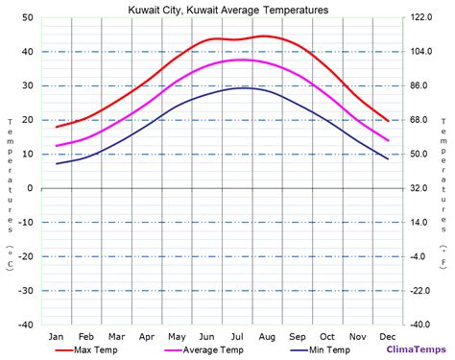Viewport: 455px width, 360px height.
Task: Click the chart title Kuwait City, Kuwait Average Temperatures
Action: point(227,9)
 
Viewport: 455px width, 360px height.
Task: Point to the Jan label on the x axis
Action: point(57,336)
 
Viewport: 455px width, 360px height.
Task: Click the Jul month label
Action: point(237,336)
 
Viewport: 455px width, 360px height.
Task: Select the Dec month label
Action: point(388,336)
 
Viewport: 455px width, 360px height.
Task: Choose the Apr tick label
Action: point(147,336)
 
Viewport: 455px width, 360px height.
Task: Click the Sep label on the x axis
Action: point(298,336)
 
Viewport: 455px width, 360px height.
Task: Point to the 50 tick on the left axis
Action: point(28,18)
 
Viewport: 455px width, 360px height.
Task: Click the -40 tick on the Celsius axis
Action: point(26,324)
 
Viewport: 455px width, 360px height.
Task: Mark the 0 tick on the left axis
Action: point(31,188)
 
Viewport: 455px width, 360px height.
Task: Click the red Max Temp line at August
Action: point(268,36)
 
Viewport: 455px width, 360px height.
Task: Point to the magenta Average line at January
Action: point(57,146)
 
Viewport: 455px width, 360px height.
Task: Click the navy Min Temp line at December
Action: point(388,158)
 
